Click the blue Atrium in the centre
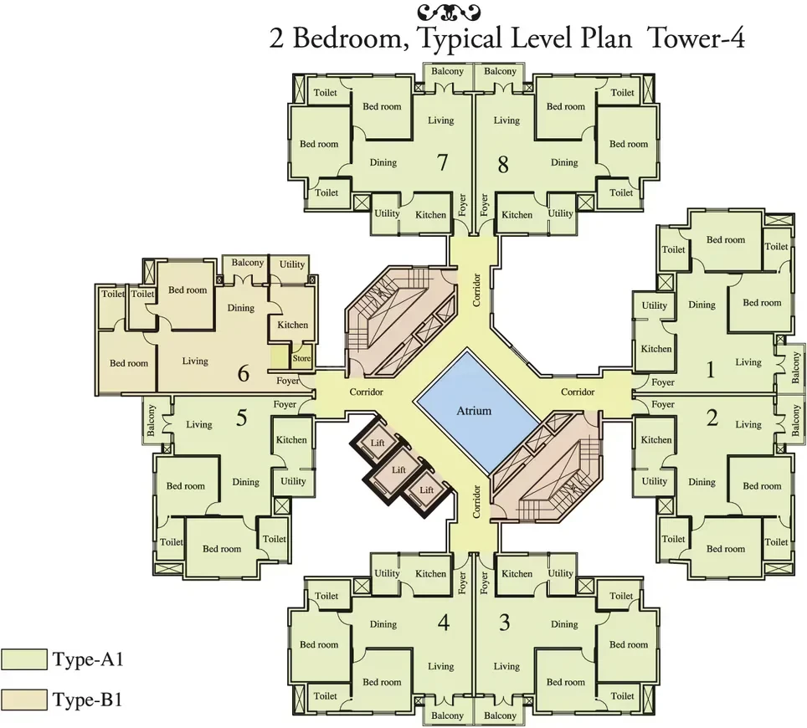click(474, 411)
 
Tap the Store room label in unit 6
click(301, 358)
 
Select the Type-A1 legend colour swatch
click(23, 659)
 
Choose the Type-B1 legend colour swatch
click(23, 700)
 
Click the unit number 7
click(443, 162)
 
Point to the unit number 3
click(504, 623)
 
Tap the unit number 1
click(711, 369)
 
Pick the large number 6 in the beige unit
click(244, 373)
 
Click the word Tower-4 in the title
click(696, 38)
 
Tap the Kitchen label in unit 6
click(292, 325)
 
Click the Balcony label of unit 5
click(151, 420)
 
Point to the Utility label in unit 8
click(561, 213)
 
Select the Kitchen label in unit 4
click(431, 574)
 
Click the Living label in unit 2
click(748, 424)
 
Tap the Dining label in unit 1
click(702, 305)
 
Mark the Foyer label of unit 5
click(285, 404)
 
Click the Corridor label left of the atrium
click(367, 392)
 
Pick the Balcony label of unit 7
click(447, 71)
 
